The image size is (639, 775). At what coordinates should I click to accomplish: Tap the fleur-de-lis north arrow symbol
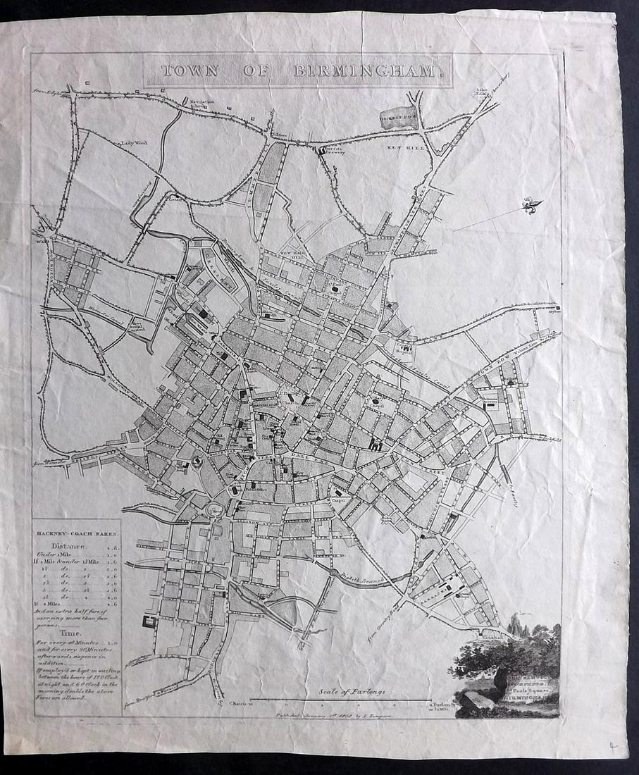click(x=533, y=206)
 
